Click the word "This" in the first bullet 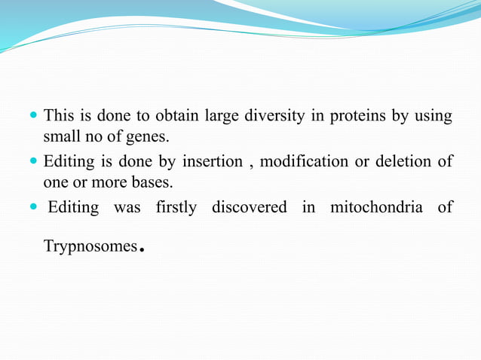pos(58,116)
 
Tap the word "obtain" pos(175,117)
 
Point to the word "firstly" pos(176,207)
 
